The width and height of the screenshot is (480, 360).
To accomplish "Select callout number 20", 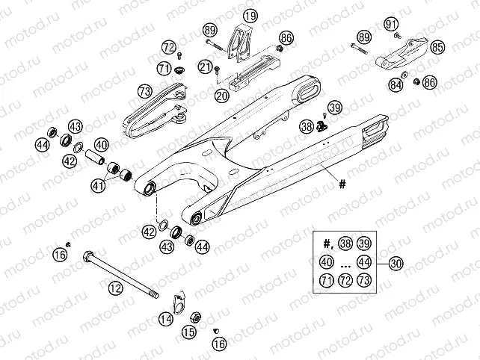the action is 221,96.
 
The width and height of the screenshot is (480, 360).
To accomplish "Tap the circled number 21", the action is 205,68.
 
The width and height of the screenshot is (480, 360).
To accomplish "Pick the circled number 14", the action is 165,318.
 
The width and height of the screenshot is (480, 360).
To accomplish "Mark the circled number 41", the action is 97,184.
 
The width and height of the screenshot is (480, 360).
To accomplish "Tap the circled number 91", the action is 392,25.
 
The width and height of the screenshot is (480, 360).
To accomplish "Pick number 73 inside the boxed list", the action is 364,281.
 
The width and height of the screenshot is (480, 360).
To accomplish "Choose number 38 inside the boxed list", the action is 345,243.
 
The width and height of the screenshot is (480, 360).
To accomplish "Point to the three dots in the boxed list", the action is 345,263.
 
